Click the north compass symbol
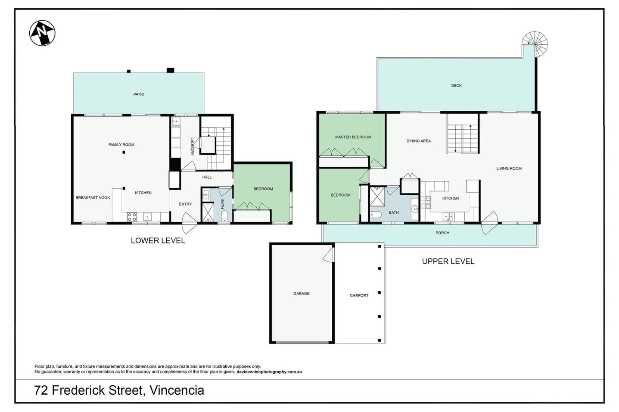click(x=42, y=33)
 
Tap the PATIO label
click(x=139, y=94)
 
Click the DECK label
click(x=456, y=86)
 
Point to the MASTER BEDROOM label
click(x=353, y=137)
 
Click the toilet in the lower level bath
click(x=224, y=216)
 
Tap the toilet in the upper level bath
click(x=376, y=215)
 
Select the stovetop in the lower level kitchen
click(x=132, y=217)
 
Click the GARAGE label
click(x=301, y=294)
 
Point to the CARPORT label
click(x=359, y=295)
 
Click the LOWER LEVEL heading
click(x=158, y=240)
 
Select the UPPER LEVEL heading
click(x=448, y=261)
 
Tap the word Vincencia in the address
click(x=177, y=390)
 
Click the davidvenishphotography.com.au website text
click(x=269, y=372)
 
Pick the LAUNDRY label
click(x=192, y=146)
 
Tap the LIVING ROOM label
click(x=509, y=168)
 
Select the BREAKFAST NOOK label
click(x=93, y=198)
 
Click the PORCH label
click(x=442, y=233)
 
